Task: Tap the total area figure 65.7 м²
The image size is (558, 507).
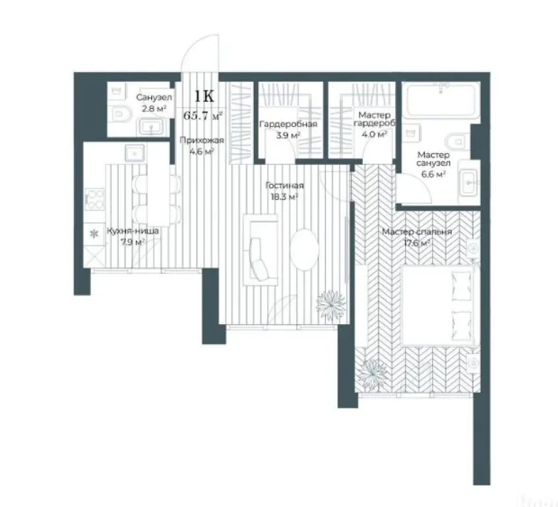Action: [x=203, y=116]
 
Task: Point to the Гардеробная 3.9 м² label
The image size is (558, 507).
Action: [x=288, y=129]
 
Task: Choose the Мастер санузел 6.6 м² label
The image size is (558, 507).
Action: [x=433, y=164]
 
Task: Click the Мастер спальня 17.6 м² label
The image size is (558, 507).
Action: [x=418, y=237]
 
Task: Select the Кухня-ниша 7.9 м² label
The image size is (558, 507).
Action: [x=133, y=236]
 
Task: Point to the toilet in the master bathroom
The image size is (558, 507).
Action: [x=456, y=141]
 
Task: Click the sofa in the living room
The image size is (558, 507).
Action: [x=255, y=249]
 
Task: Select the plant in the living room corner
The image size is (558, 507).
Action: [x=330, y=303]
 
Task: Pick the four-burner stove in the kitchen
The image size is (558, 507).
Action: [x=96, y=199]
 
